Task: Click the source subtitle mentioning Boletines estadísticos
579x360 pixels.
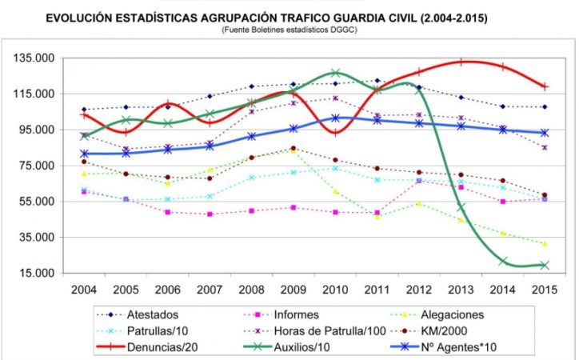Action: coord(289,30)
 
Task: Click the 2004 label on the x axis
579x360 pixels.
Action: coord(83,289)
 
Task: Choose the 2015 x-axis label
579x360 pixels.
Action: coord(544,289)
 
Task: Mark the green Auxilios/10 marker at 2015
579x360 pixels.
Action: coord(544,265)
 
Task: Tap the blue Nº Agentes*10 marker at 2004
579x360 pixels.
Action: coord(83,154)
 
